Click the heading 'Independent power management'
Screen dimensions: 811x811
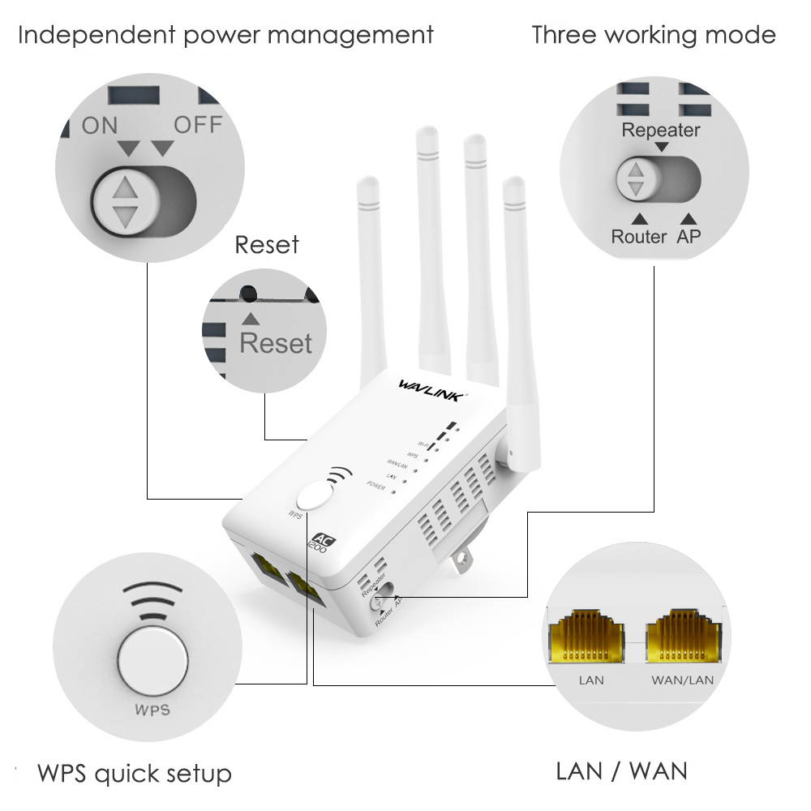[x=225, y=36]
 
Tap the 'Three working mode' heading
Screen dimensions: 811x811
[x=653, y=36]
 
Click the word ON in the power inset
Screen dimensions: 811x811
[x=99, y=125]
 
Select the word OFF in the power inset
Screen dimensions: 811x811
[x=198, y=125]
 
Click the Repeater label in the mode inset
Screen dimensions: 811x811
[x=660, y=130]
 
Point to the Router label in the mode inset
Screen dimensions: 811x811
[x=638, y=237]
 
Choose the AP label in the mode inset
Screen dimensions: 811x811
[x=689, y=237]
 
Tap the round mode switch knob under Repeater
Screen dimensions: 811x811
[x=637, y=180]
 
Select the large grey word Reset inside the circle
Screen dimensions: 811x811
[x=276, y=343]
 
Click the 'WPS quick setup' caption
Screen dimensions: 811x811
[x=135, y=773]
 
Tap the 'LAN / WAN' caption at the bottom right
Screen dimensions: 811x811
[x=621, y=770]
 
